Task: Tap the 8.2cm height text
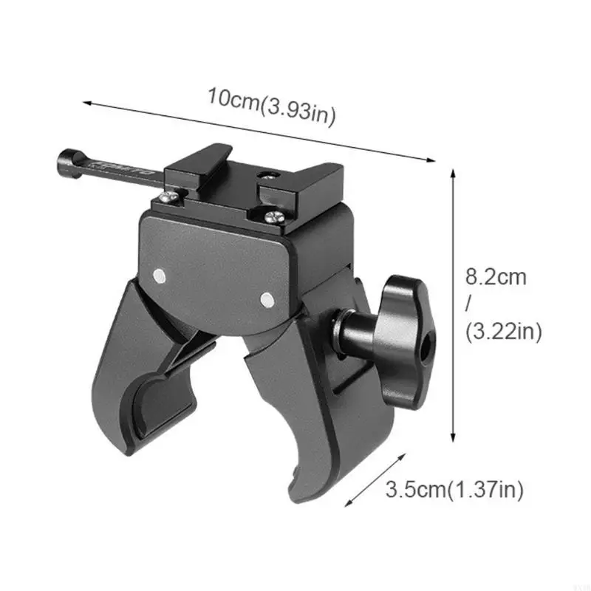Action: point(496,278)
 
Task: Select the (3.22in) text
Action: point(504,332)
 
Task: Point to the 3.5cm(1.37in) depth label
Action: point(454,489)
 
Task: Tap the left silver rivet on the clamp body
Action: point(160,276)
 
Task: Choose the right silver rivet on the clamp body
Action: point(267,298)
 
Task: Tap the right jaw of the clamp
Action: point(303,414)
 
